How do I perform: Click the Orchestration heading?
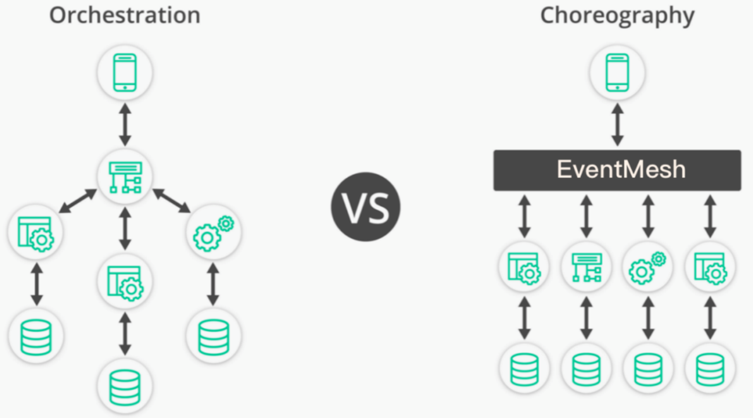pos(125,16)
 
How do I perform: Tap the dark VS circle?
pos(366,207)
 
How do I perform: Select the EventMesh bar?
pos(617,170)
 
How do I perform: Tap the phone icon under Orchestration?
pos(125,73)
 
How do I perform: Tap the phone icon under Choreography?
pos(617,73)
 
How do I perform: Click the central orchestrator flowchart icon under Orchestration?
pos(125,177)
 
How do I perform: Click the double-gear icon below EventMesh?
pos(648,267)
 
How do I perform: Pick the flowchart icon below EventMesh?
pos(586,267)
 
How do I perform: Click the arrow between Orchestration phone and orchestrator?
pos(125,124)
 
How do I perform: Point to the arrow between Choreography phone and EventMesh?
pos(617,124)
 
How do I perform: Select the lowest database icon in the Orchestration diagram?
pos(125,387)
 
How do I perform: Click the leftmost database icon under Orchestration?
pos(36,337)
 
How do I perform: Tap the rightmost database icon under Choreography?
pos(710,369)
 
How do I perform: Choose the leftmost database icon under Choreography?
pos(524,369)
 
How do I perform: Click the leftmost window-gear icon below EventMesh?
pos(524,267)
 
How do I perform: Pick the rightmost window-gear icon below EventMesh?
pos(710,267)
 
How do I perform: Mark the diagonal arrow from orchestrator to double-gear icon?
pos(171,201)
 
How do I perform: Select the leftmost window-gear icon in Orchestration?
pos(36,233)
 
